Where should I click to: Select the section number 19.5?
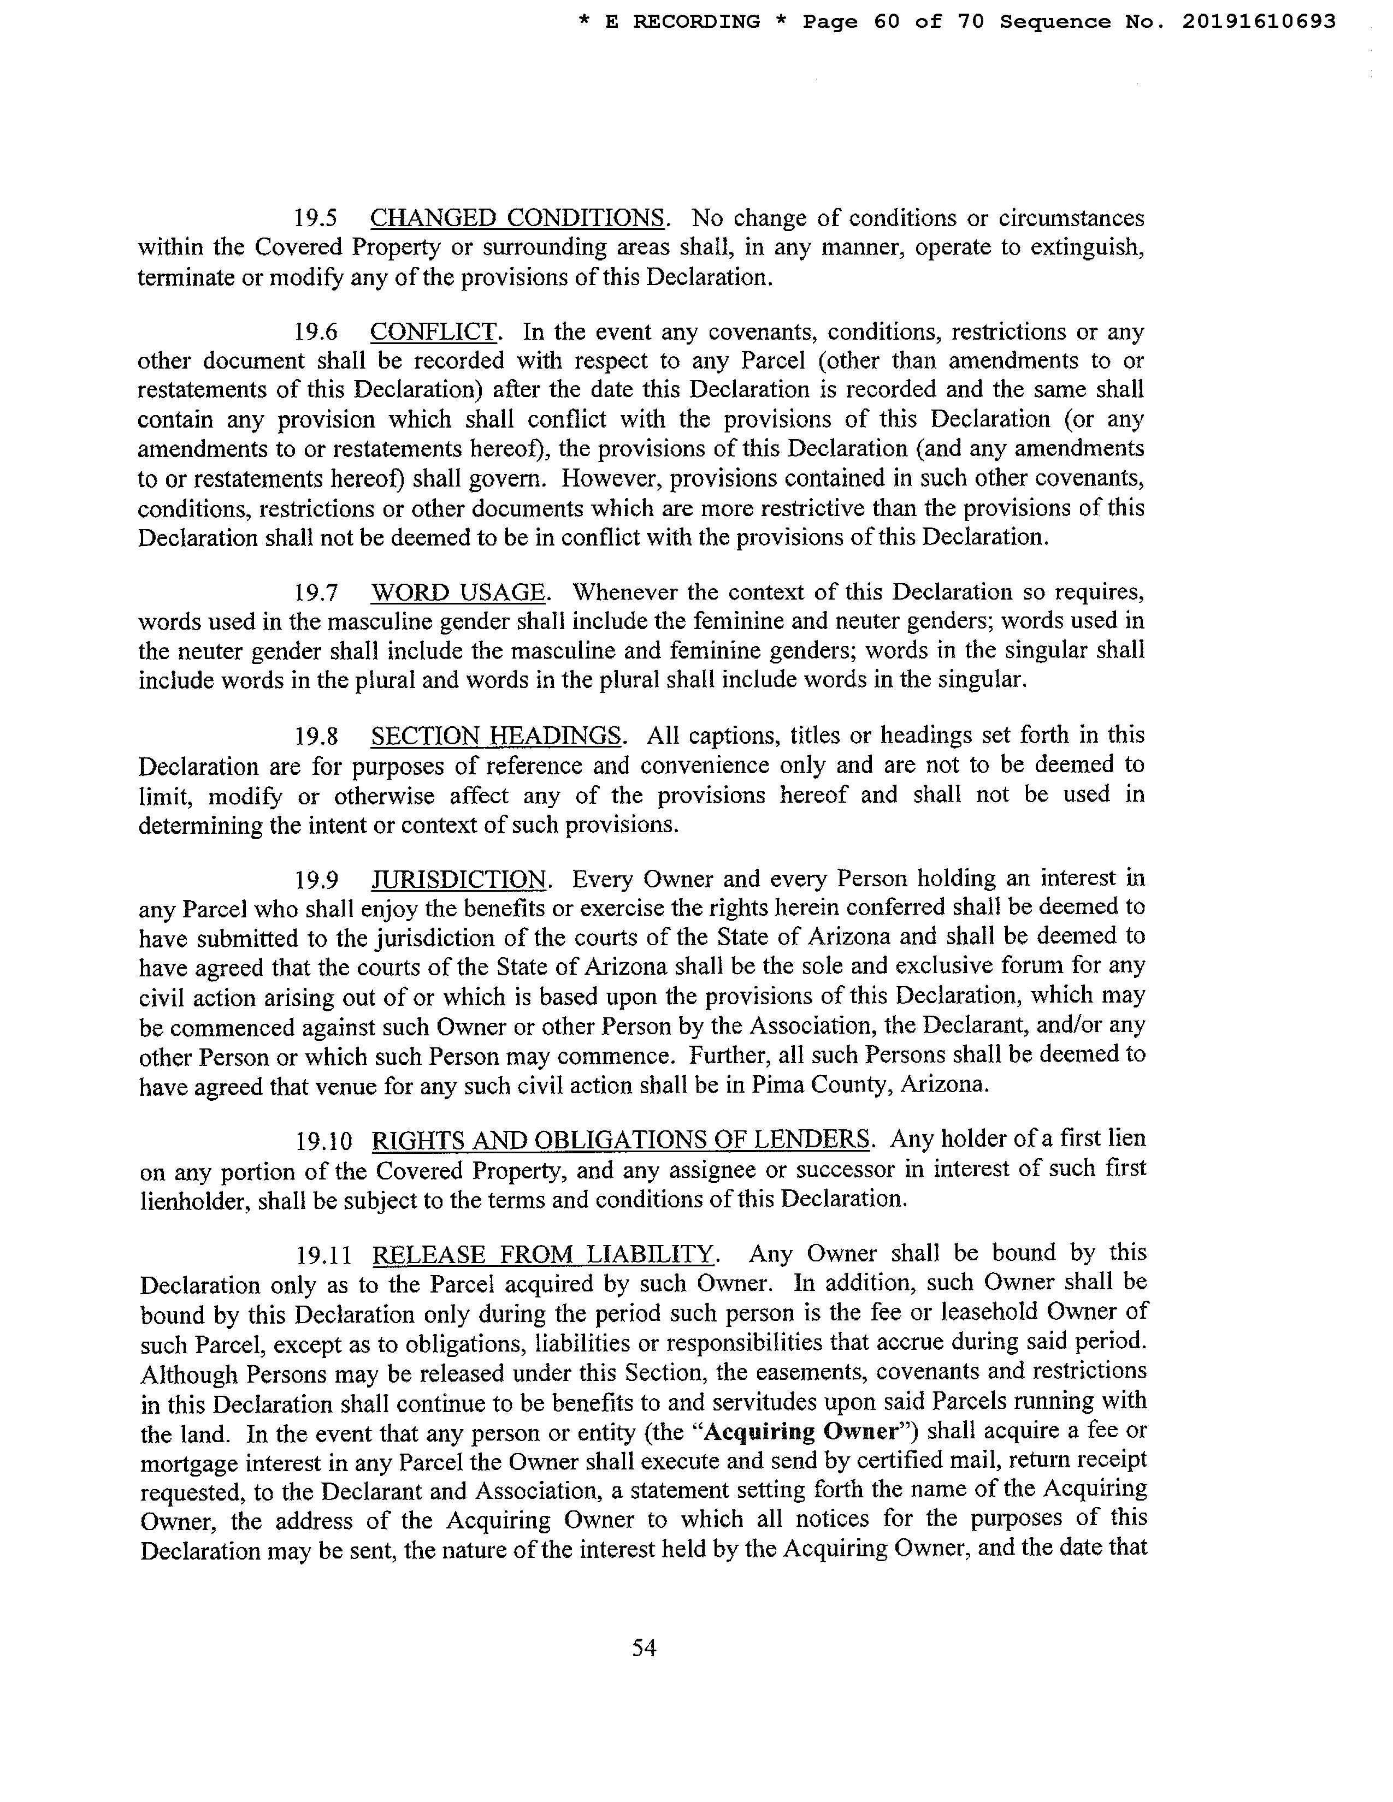[x=317, y=218]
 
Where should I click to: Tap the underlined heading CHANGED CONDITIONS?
[x=517, y=218]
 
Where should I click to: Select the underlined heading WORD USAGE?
[x=458, y=592]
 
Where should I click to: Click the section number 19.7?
[x=317, y=593]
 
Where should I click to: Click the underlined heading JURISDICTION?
[x=459, y=880]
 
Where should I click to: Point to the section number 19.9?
[x=317, y=880]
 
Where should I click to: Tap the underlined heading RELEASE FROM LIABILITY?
[x=543, y=1255]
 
